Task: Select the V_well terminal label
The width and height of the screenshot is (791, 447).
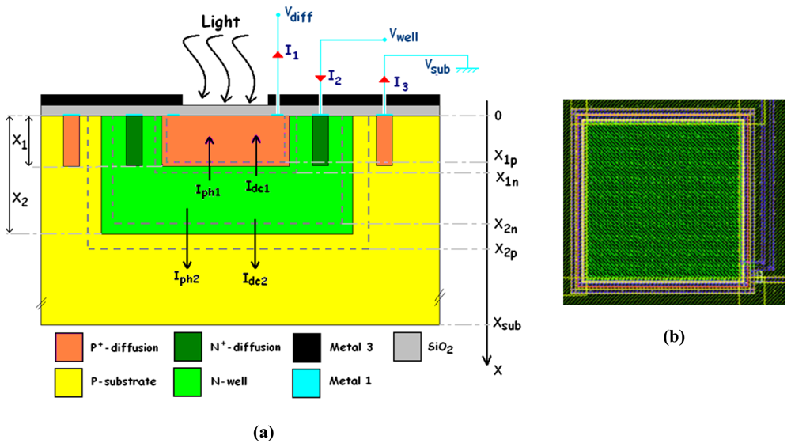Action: tap(403, 36)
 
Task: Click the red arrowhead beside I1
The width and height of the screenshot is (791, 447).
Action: tap(278, 54)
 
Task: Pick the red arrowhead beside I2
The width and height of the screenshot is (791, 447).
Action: tap(320, 78)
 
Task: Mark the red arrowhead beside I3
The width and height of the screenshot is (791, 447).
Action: tap(384, 81)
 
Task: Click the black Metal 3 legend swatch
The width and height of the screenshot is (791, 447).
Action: tap(306, 347)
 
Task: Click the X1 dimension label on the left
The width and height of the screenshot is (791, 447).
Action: tap(18, 142)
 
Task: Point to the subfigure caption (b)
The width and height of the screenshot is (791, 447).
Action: tap(673, 338)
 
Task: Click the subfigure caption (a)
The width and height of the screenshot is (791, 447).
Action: tap(263, 432)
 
